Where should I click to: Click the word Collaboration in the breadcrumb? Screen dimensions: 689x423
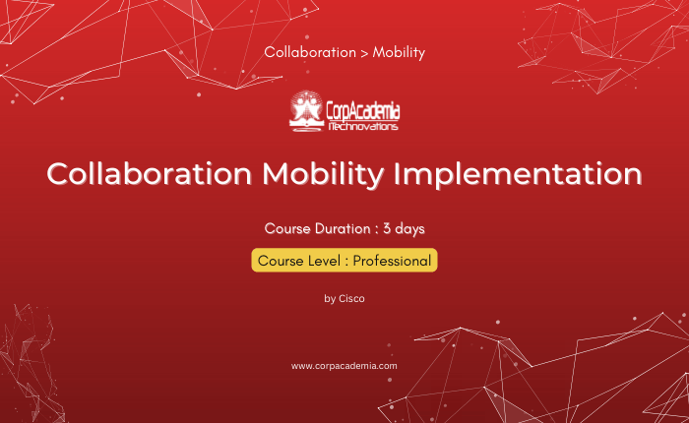(310, 52)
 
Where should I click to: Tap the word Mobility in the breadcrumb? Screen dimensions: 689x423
(399, 53)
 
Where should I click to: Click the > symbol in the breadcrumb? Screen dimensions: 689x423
(364, 53)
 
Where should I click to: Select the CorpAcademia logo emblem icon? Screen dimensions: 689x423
(306, 111)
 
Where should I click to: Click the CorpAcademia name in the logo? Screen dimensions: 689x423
(363, 111)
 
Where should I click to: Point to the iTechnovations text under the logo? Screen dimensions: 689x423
(363, 127)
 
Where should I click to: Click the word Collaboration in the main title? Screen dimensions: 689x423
(150, 174)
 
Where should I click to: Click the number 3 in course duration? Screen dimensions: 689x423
(387, 228)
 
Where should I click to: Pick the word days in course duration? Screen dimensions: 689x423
(409, 229)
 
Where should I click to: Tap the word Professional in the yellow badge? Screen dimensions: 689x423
(392, 261)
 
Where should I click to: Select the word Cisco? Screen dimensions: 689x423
(351, 298)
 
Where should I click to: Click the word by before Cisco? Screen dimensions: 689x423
(330, 299)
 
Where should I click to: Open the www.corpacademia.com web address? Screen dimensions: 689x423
(344, 366)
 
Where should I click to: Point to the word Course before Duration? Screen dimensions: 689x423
(287, 228)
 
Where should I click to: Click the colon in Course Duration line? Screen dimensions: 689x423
(377, 230)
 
